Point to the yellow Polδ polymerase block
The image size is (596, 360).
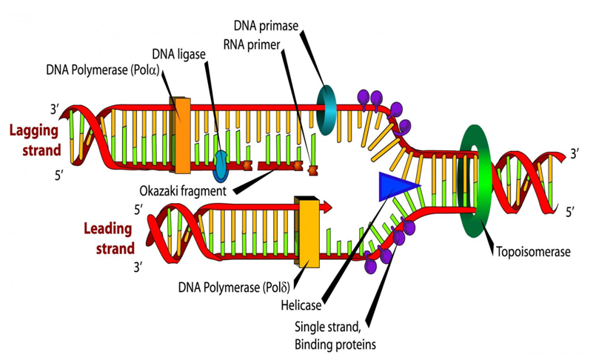(x=307, y=231)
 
